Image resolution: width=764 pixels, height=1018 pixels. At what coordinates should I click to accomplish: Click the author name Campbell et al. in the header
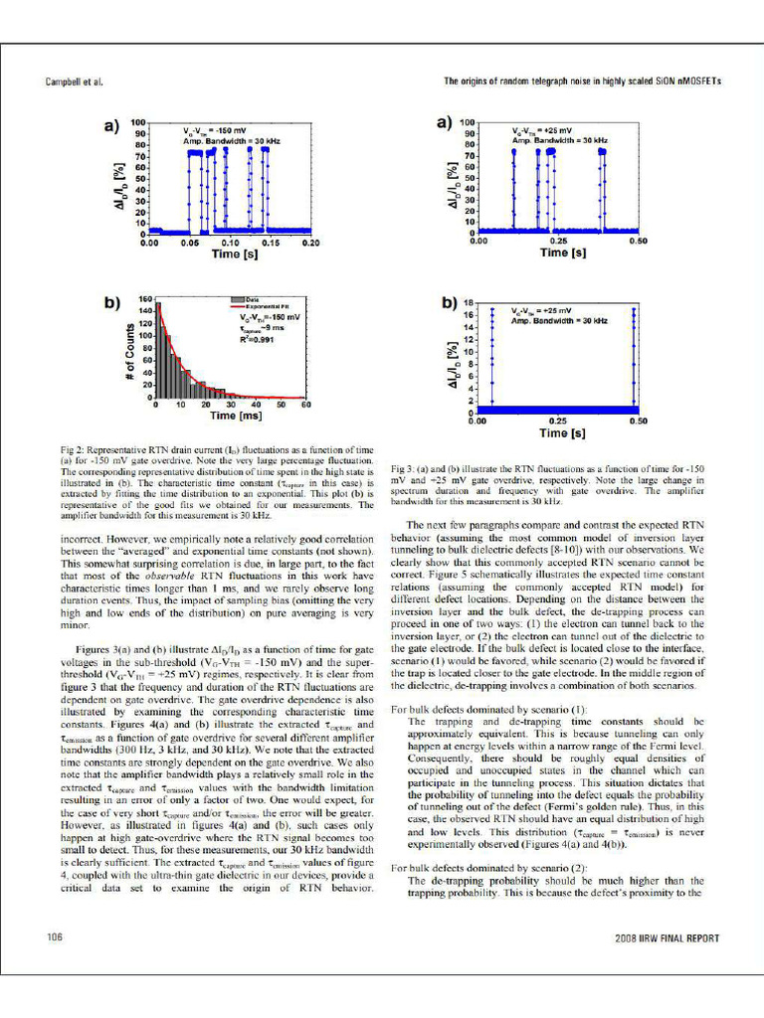tap(76, 82)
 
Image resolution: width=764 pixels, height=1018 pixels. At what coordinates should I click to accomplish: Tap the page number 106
tap(57, 937)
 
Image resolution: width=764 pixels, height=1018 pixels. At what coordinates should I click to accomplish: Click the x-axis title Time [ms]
tap(229, 415)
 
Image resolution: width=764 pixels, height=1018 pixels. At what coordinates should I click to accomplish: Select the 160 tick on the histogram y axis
tap(144, 298)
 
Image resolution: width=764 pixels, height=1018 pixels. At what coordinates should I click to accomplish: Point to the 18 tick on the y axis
tap(469, 302)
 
